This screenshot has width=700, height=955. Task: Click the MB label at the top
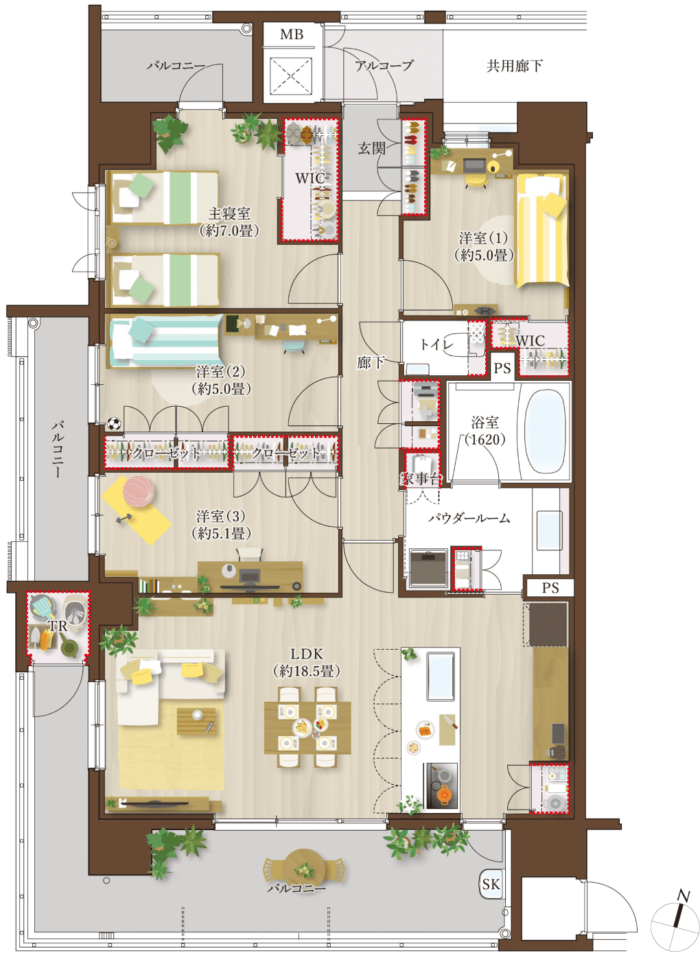click(x=292, y=34)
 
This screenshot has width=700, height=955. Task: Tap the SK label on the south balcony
click(x=491, y=884)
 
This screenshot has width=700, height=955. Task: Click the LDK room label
click(x=307, y=654)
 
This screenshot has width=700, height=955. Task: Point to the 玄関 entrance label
click(x=371, y=148)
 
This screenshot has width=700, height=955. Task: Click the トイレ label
click(x=436, y=344)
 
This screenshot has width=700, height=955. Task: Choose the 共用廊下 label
click(x=515, y=66)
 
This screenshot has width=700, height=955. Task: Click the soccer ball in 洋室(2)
click(x=114, y=423)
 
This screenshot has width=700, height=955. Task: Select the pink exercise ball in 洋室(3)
click(x=138, y=491)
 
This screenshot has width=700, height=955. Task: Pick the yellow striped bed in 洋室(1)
click(x=541, y=231)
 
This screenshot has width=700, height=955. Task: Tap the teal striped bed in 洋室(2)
click(x=166, y=341)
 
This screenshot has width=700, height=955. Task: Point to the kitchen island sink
click(x=441, y=676)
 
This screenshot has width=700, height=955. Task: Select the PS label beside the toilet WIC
click(x=502, y=368)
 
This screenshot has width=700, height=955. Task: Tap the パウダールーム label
click(x=469, y=519)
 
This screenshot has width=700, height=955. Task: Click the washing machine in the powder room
click(x=429, y=568)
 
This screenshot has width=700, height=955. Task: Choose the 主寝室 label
click(x=229, y=213)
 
